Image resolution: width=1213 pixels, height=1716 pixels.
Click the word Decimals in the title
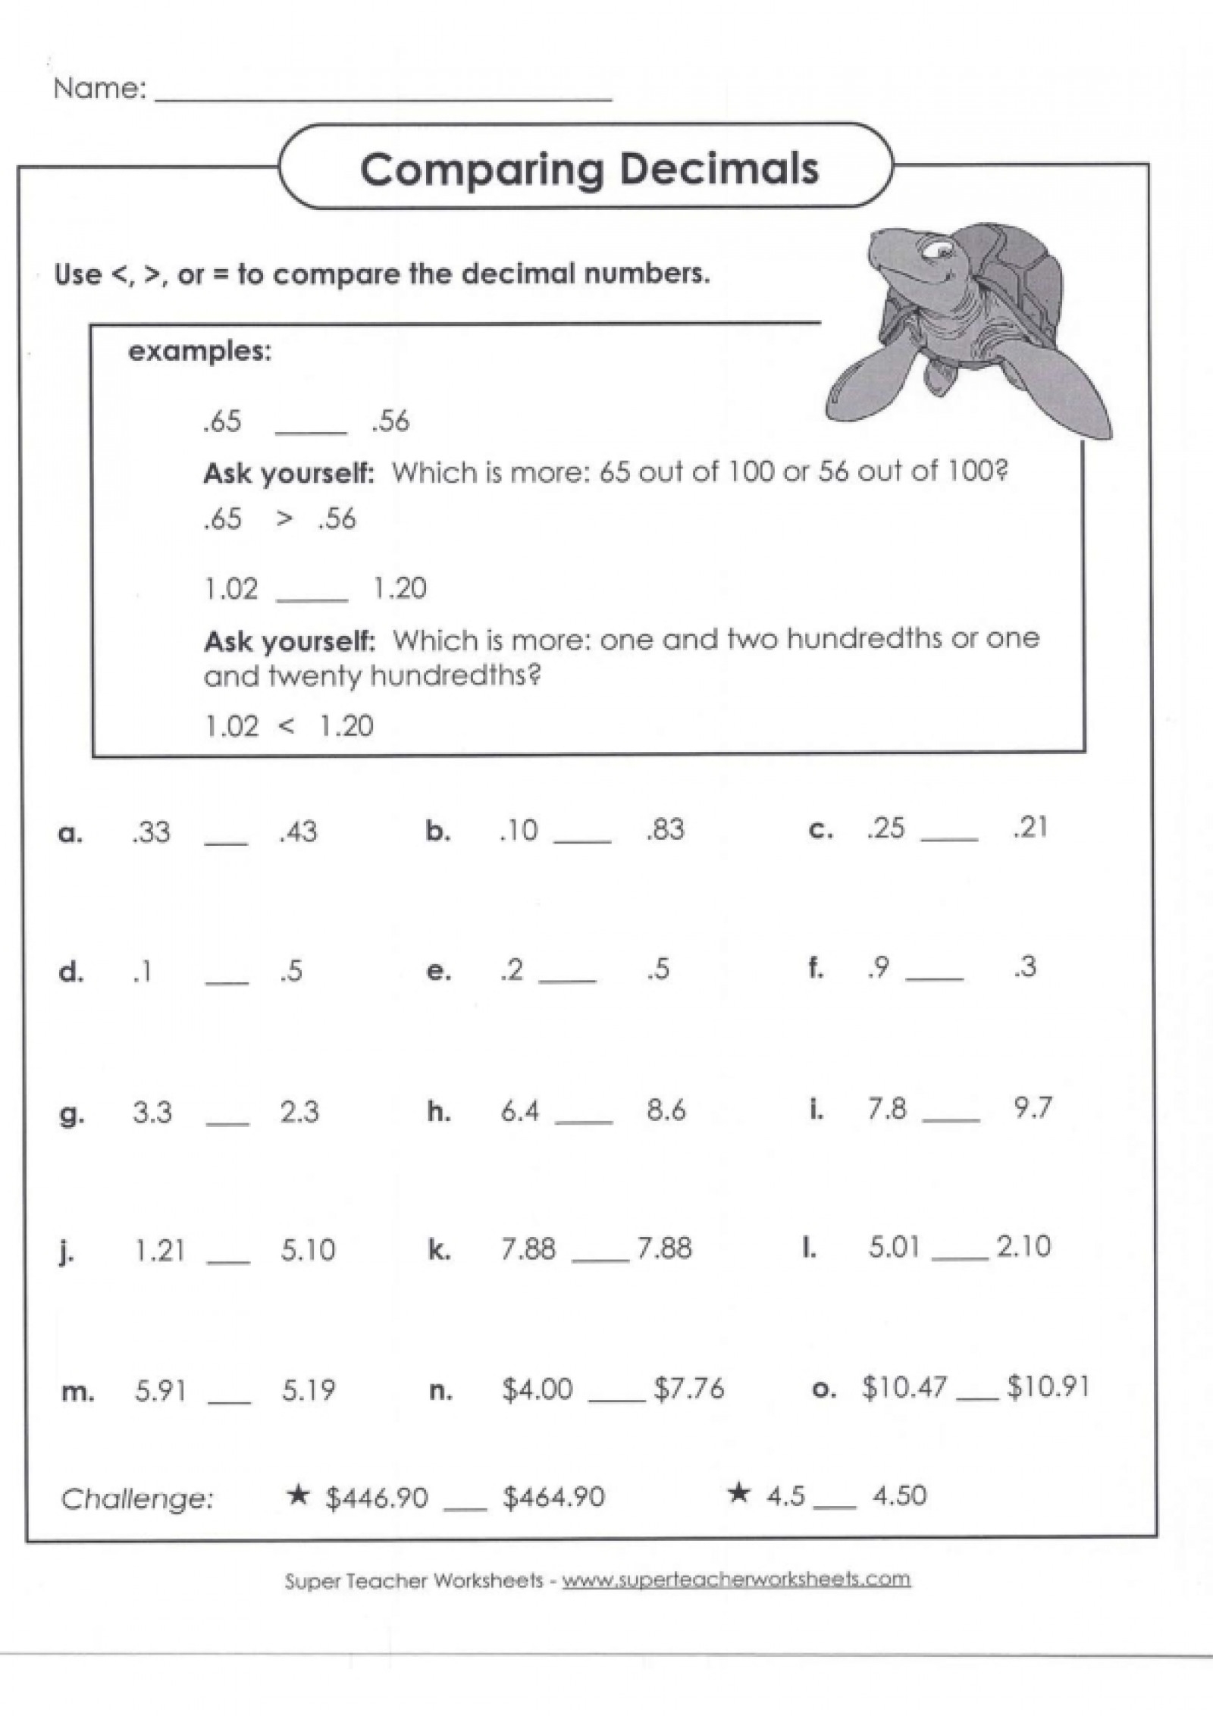719,168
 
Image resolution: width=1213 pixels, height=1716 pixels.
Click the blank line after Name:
383,96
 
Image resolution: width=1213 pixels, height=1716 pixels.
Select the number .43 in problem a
298,832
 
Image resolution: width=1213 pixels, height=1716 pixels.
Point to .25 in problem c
886,828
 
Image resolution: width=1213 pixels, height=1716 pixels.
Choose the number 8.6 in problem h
666,1111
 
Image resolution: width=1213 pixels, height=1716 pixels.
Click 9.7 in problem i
1033,1108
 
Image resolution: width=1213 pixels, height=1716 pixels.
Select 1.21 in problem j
160,1251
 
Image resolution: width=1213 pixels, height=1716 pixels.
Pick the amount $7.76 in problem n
689,1389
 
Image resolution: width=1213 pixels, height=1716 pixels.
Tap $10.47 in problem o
904,1387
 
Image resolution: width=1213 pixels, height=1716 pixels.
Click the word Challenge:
137,1498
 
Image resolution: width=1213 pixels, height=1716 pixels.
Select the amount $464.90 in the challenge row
553,1497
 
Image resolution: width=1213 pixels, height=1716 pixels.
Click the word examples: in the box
199,352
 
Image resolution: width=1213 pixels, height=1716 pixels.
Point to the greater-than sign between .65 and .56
284,519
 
